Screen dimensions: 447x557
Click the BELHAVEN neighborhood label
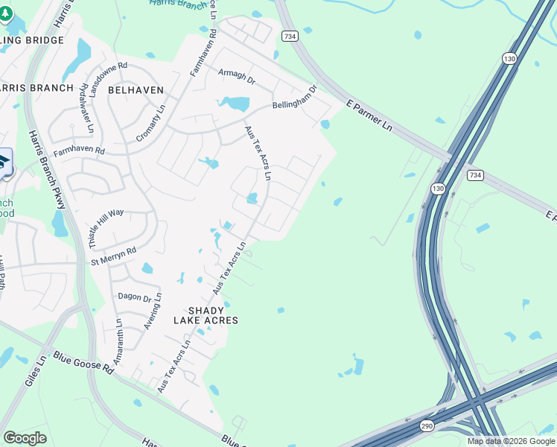coord(136,89)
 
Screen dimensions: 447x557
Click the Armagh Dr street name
coord(237,77)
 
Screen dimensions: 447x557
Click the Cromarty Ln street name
coord(151,123)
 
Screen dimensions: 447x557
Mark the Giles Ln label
coord(35,370)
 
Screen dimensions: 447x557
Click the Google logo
coord(25,438)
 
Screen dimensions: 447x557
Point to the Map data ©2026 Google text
coord(510,441)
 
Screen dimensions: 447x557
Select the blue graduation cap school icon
coord(4,162)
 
